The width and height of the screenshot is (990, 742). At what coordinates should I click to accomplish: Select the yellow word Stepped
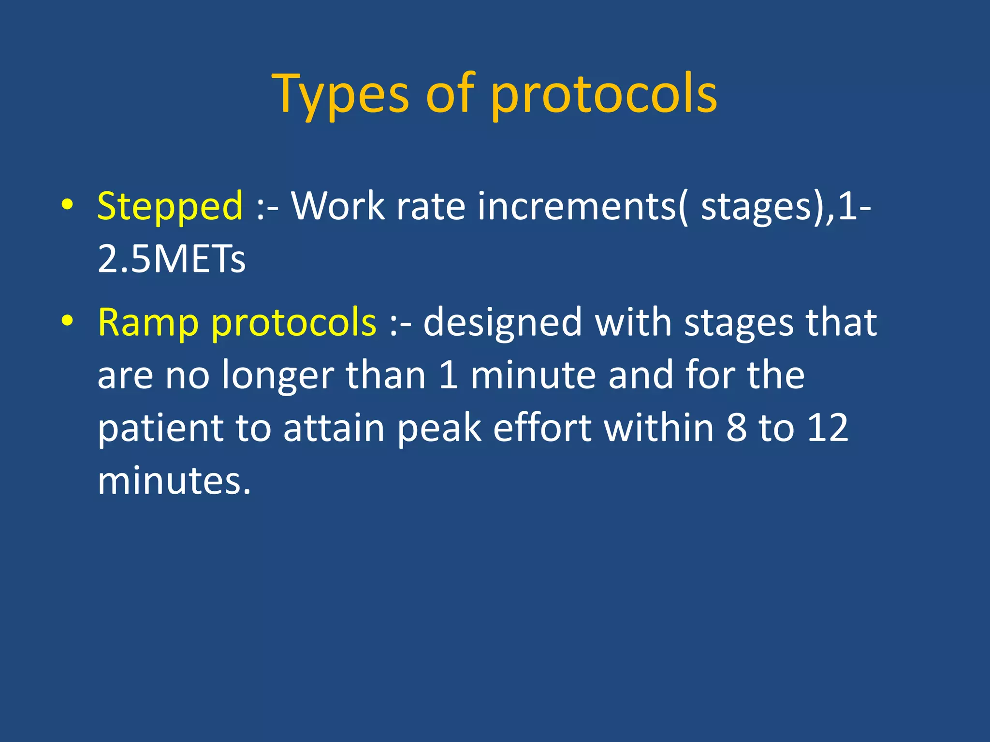click(170, 207)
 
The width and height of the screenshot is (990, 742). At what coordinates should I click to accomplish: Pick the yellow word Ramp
click(148, 323)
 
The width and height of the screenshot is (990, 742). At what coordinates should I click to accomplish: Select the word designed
click(503, 323)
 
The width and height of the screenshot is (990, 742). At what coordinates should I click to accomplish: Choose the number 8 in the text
click(737, 428)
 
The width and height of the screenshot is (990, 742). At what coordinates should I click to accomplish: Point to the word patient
click(160, 428)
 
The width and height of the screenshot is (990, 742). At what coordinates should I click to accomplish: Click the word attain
click(334, 428)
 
